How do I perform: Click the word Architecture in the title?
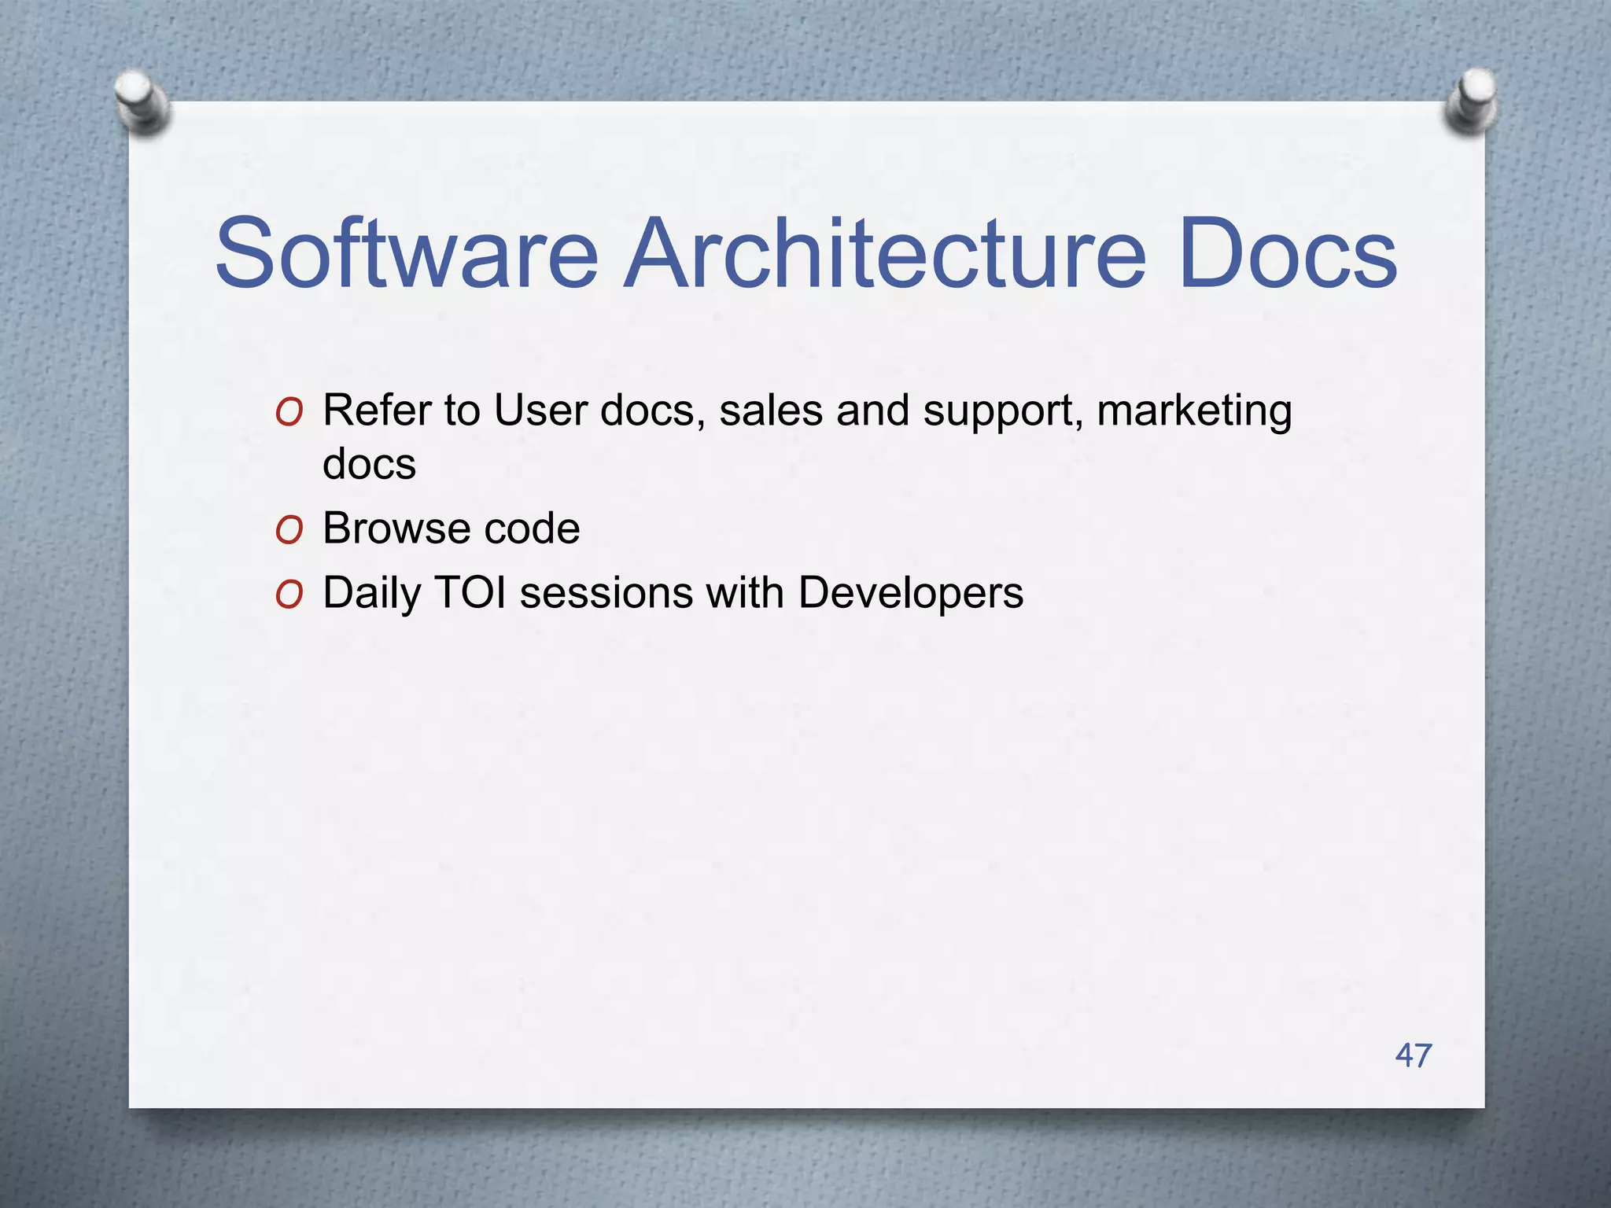(884, 254)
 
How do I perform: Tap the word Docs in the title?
(1288, 254)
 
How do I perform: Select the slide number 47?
(1414, 1055)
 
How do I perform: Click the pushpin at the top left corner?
(142, 102)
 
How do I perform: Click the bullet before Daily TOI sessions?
(289, 595)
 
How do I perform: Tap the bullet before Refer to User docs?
(289, 413)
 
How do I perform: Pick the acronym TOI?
(470, 592)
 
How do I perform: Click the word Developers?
(910, 594)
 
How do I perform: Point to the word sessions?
(606, 592)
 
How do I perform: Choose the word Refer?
(377, 411)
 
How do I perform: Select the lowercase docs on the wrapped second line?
(369, 463)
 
